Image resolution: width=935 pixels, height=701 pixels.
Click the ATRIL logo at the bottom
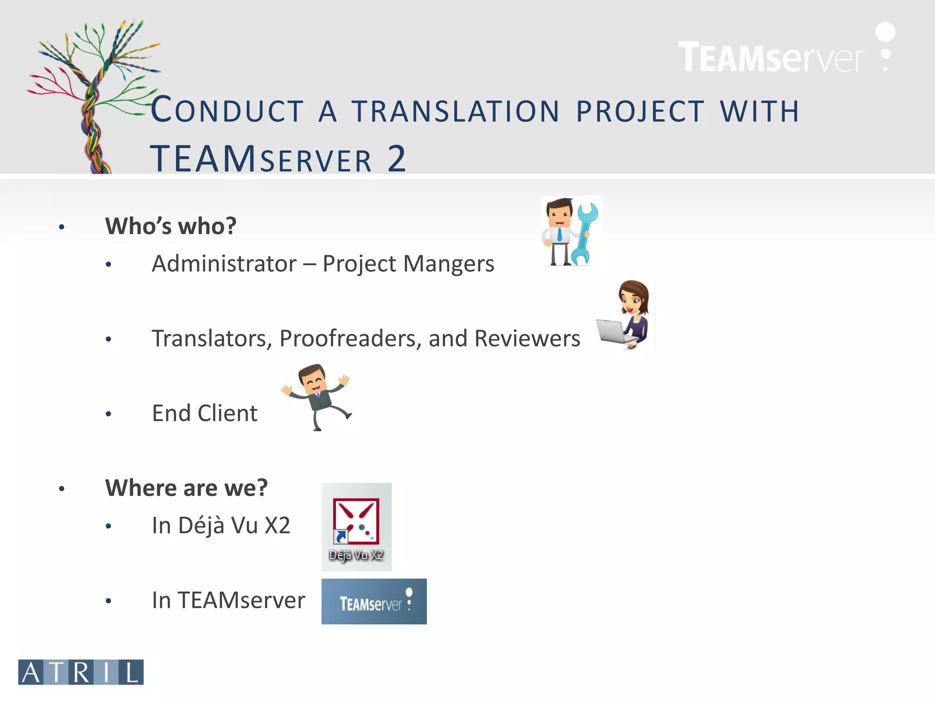(x=81, y=672)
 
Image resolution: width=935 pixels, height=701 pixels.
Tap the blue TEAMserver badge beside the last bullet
(x=374, y=601)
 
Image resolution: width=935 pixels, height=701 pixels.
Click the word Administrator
(x=224, y=264)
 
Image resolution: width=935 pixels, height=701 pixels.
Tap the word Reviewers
(x=527, y=339)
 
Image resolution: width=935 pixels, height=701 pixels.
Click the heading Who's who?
(x=171, y=225)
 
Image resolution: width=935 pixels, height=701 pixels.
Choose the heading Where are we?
(x=186, y=487)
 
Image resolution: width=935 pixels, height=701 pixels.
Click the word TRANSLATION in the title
(x=455, y=111)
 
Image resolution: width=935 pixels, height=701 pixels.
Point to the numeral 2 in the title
(x=396, y=158)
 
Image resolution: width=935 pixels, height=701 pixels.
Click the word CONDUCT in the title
(x=227, y=110)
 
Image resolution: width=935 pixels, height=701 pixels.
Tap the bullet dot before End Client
(x=108, y=414)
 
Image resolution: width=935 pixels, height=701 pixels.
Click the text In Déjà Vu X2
(x=221, y=525)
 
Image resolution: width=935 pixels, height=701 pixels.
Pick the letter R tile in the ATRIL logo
(x=81, y=672)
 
